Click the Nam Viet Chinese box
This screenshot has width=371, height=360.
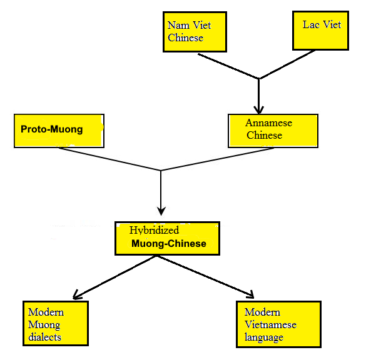195,31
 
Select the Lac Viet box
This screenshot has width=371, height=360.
321,31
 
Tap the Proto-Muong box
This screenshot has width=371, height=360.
58,130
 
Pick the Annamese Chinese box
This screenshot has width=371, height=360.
273,129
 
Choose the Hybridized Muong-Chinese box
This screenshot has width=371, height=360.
168,237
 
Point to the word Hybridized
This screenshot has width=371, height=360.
154,230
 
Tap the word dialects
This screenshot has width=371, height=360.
44,337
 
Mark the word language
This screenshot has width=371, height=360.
264,337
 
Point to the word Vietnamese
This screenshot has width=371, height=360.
270,324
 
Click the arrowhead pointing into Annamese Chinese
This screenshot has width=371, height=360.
259,109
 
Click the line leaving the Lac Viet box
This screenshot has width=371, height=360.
288,65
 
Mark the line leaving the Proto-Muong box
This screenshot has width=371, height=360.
106,159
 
